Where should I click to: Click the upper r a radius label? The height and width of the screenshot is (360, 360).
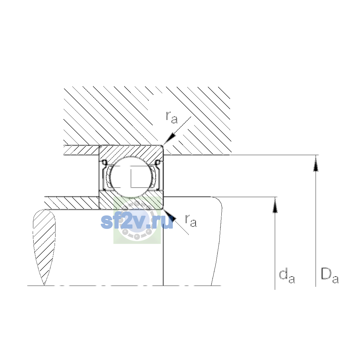tap(172, 117)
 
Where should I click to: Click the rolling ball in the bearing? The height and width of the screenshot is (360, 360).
tap(131, 177)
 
